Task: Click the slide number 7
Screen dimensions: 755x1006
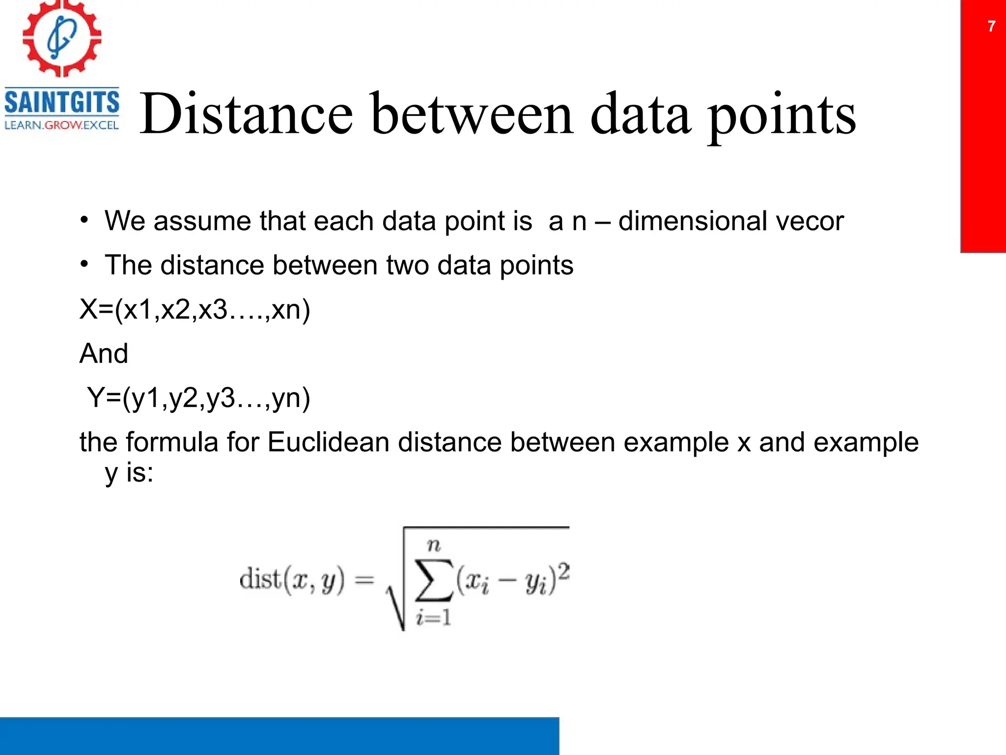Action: tap(991, 26)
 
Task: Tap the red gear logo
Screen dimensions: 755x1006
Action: tap(62, 38)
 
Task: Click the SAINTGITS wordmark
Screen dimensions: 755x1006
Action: tap(62, 102)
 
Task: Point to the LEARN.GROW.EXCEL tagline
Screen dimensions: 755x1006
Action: tap(62, 125)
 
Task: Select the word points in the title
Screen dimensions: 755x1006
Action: tap(782, 116)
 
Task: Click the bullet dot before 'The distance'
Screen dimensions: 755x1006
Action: tap(85, 264)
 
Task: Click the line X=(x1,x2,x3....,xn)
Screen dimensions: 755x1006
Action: tap(195, 310)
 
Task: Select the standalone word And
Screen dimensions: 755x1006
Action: tap(104, 353)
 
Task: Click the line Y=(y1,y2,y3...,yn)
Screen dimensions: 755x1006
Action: tap(198, 398)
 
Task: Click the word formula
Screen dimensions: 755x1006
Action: tap(172, 442)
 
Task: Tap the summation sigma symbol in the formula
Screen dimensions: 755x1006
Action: tap(433, 580)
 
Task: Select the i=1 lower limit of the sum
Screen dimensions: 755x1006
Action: tap(433, 617)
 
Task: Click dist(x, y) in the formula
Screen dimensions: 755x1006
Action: tap(292, 580)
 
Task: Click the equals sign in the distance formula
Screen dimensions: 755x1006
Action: tap(364, 581)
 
